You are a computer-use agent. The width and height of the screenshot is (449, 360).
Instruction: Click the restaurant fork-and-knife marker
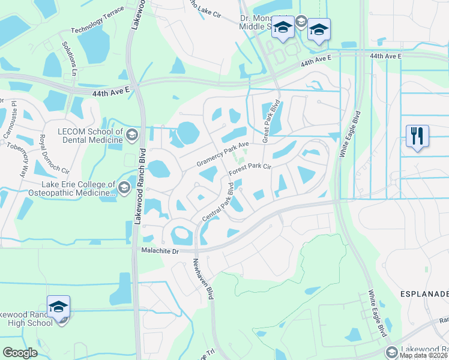coord(417,136)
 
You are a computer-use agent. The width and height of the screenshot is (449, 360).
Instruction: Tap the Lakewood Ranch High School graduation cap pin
coord(58,306)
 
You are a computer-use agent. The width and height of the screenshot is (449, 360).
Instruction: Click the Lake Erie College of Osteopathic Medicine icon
coord(124,188)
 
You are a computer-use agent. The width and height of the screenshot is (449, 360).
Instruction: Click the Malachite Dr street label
coord(160,251)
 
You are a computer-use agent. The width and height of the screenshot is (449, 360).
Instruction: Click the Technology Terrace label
coord(97,20)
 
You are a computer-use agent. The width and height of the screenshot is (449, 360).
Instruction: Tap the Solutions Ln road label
coord(70,58)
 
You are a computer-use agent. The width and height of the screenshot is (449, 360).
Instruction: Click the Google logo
coord(20,353)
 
